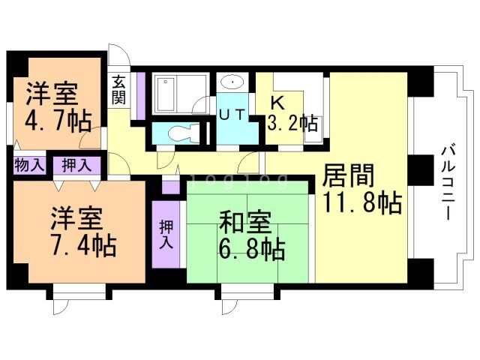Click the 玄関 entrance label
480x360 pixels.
click(118, 90)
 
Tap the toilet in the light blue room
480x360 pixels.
click(180, 133)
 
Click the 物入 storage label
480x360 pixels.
click(28, 165)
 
